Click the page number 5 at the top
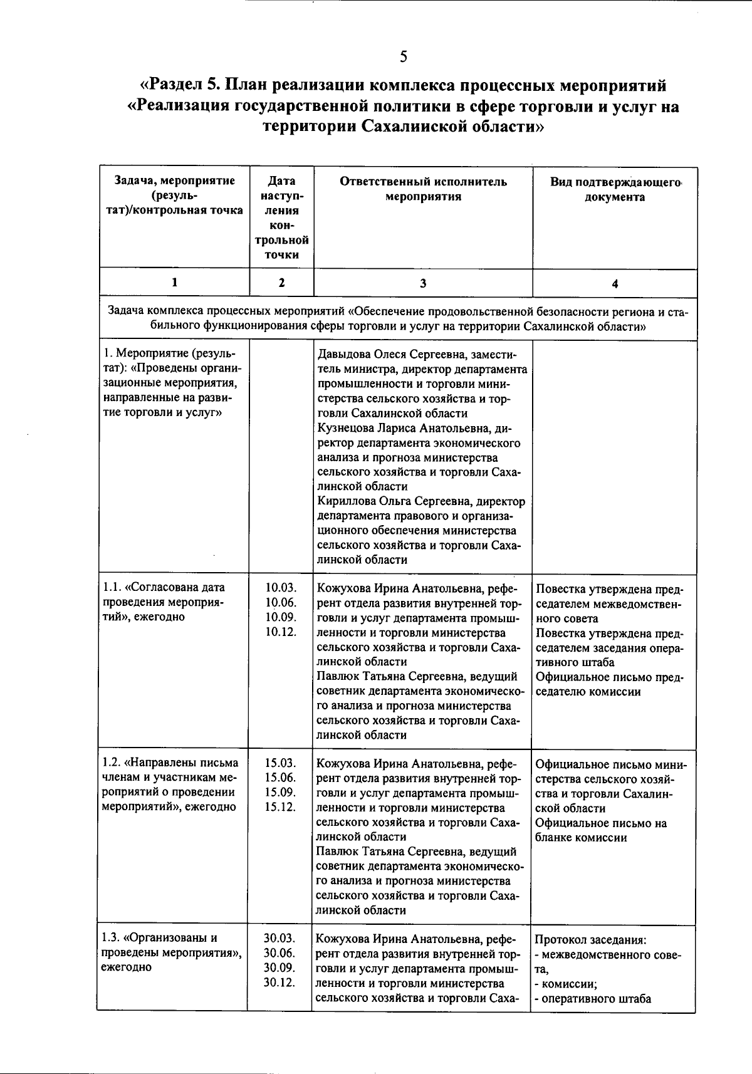pyautogui.click(x=403, y=58)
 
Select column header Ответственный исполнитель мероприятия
pyautogui.click(x=423, y=189)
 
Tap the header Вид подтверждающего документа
pyautogui.click(x=615, y=189)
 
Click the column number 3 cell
pyautogui.click(x=423, y=283)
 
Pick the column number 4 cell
pyautogui.click(x=615, y=283)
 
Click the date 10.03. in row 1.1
pyautogui.click(x=280, y=588)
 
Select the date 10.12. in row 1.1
pyautogui.click(x=280, y=632)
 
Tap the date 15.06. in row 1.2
pyautogui.click(x=280, y=778)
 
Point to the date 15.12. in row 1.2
pyautogui.click(x=280, y=807)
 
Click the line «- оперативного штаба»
pyautogui.click(x=593, y=999)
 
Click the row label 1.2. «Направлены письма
pyautogui.click(x=170, y=763)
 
